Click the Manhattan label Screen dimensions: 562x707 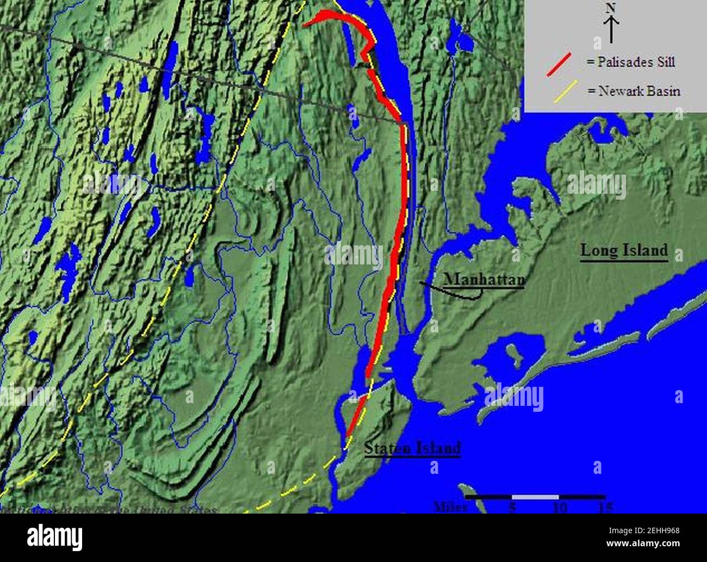point(485,279)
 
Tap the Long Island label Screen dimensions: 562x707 point(624,250)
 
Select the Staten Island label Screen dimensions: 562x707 point(413,448)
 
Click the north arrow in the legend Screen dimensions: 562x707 point(611,30)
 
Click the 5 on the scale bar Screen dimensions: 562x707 point(512,507)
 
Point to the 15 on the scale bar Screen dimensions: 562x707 point(605,507)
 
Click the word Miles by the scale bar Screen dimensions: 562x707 point(451,507)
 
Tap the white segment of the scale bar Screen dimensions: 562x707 point(535,497)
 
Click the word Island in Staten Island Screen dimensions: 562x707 point(436,448)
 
